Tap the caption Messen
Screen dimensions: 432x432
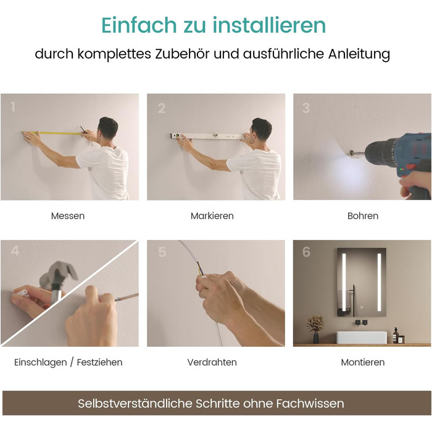click(x=68, y=216)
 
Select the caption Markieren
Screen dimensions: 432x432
click(x=212, y=216)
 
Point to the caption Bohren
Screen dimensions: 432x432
click(x=363, y=216)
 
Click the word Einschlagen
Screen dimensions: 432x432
click(x=41, y=362)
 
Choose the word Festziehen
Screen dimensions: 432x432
click(x=100, y=362)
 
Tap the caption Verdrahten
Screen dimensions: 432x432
click(x=212, y=362)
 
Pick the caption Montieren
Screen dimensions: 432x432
click(x=363, y=362)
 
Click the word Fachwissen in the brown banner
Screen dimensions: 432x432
click(x=310, y=404)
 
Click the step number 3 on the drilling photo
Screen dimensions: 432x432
click(x=306, y=108)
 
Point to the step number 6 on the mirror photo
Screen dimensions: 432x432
click(x=306, y=252)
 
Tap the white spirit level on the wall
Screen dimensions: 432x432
click(x=207, y=136)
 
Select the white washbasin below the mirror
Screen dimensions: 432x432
click(x=362, y=338)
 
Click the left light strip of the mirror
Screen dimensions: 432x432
click(x=344, y=282)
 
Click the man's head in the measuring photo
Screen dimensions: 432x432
click(x=108, y=128)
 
